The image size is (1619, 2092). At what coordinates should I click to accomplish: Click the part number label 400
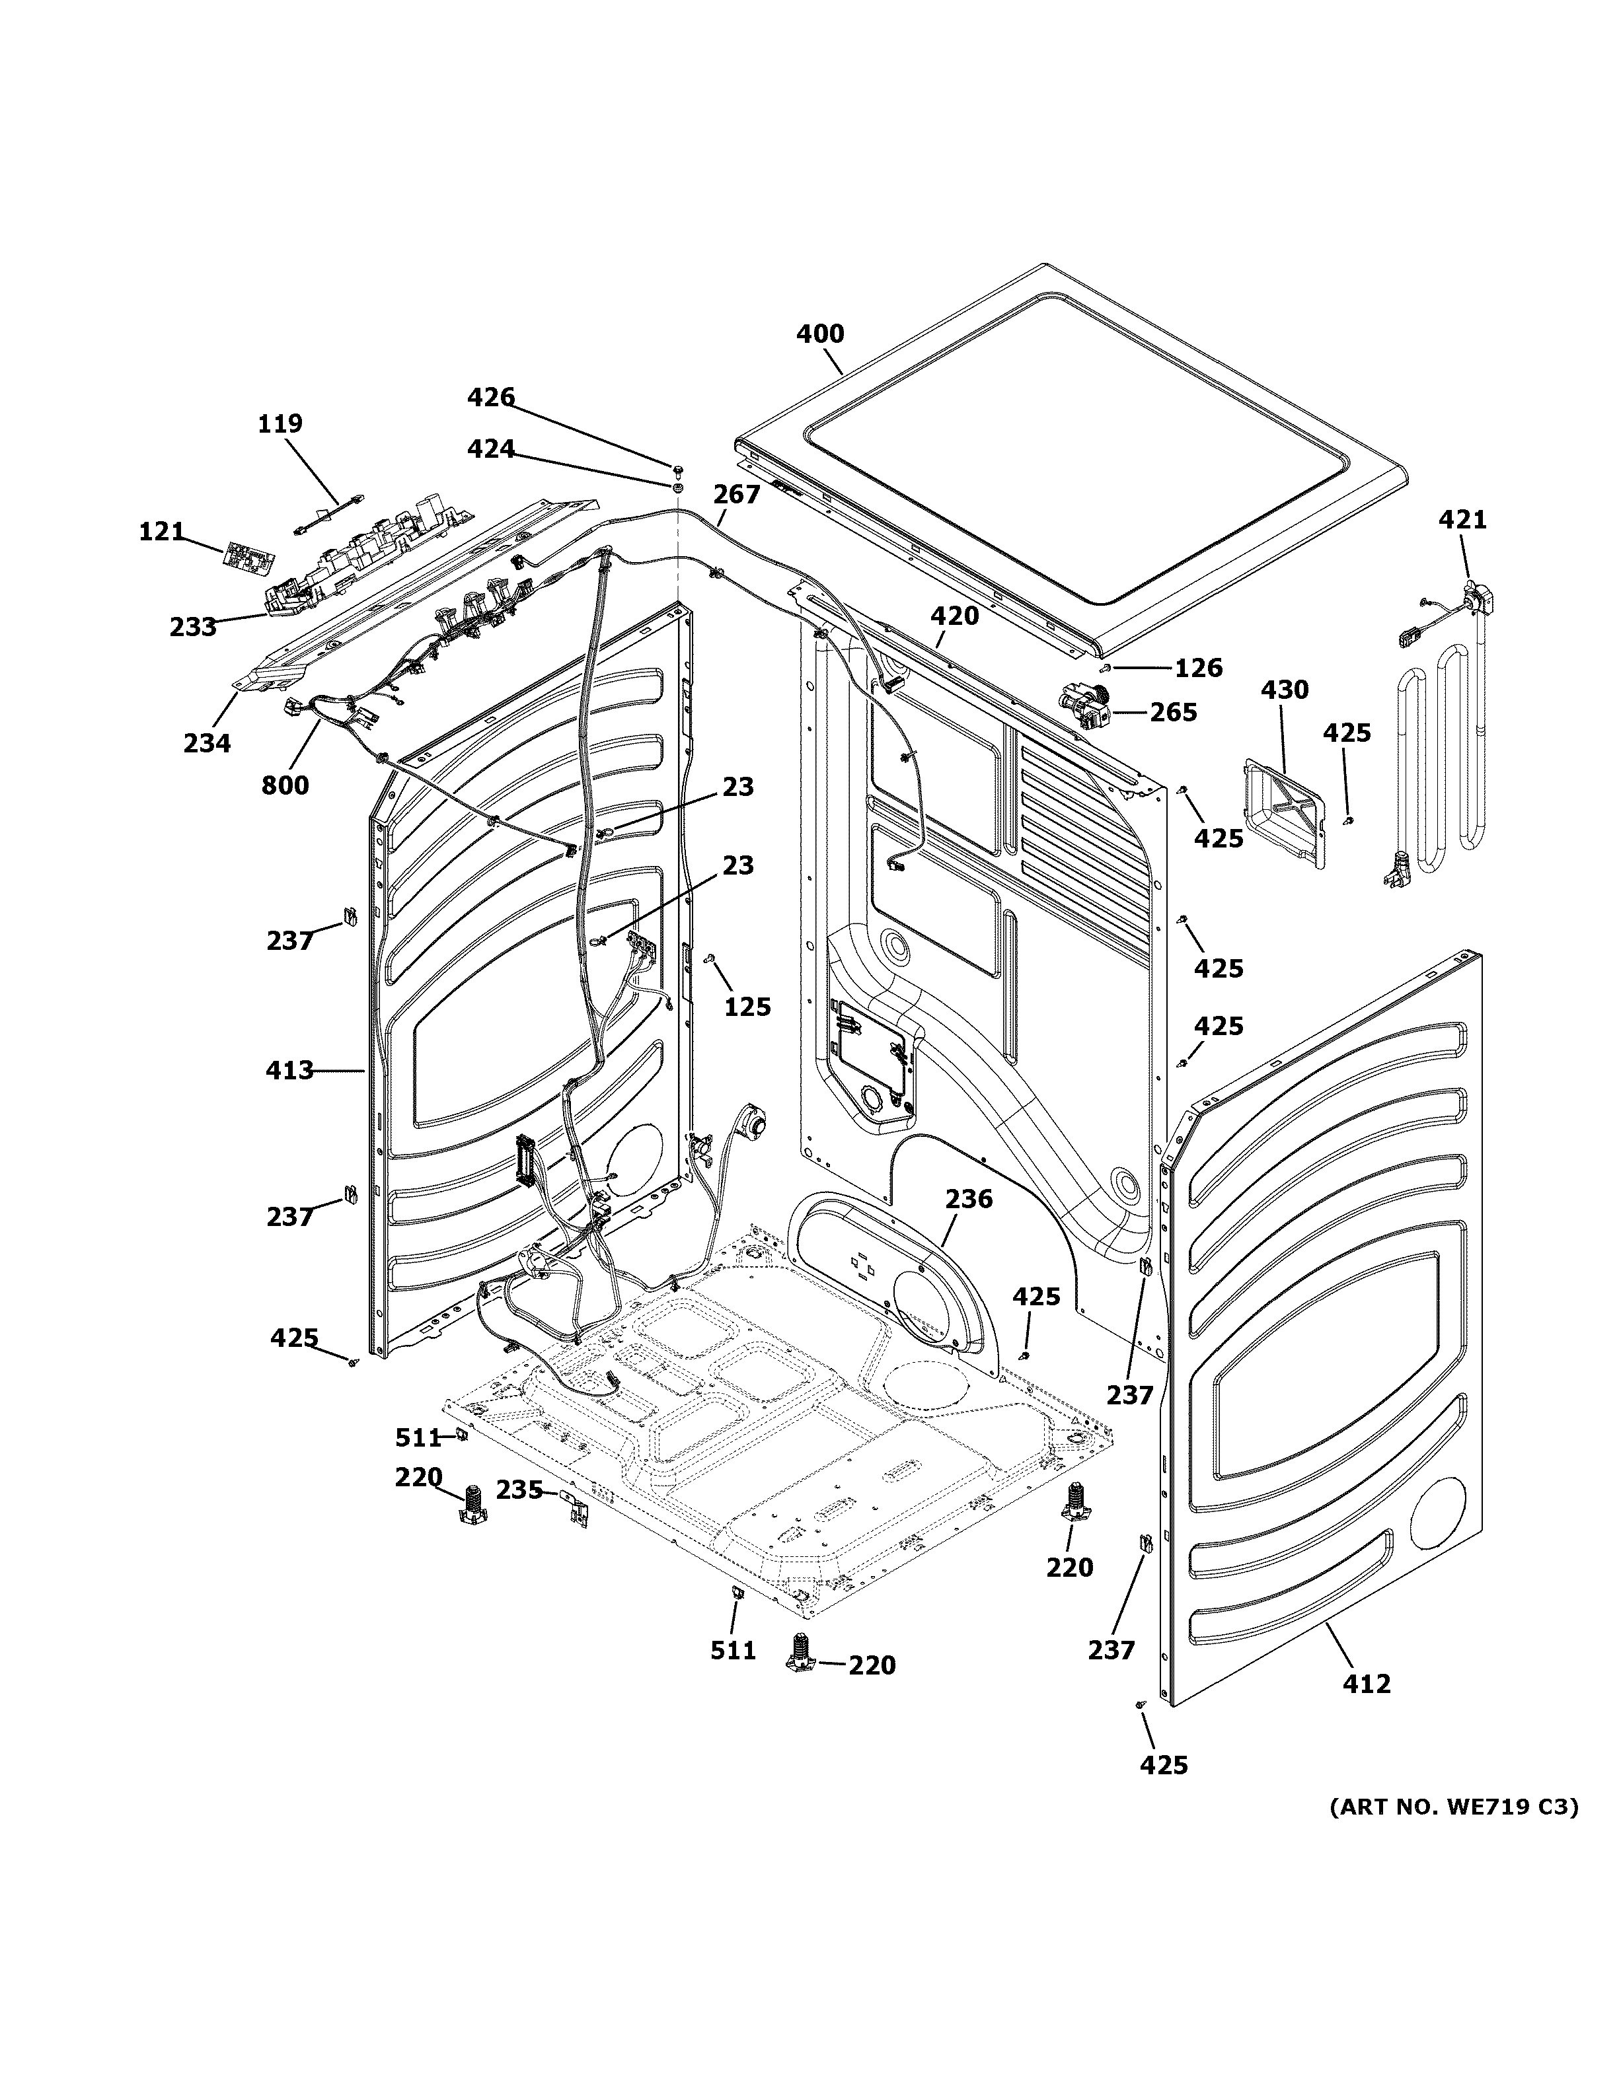pyautogui.click(x=820, y=334)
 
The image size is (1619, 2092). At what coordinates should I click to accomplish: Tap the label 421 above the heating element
pyautogui.click(x=1463, y=519)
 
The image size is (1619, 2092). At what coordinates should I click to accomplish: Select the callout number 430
pyautogui.click(x=1284, y=689)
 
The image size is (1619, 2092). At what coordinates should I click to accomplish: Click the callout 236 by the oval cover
pyautogui.click(x=969, y=1198)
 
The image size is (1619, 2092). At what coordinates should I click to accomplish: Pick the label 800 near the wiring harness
pyautogui.click(x=285, y=785)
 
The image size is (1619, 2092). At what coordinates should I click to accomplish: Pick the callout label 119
pyautogui.click(x=280, y=423)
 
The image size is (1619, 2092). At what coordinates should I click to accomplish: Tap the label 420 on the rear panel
pyautogui.click(x=954, y=616)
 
